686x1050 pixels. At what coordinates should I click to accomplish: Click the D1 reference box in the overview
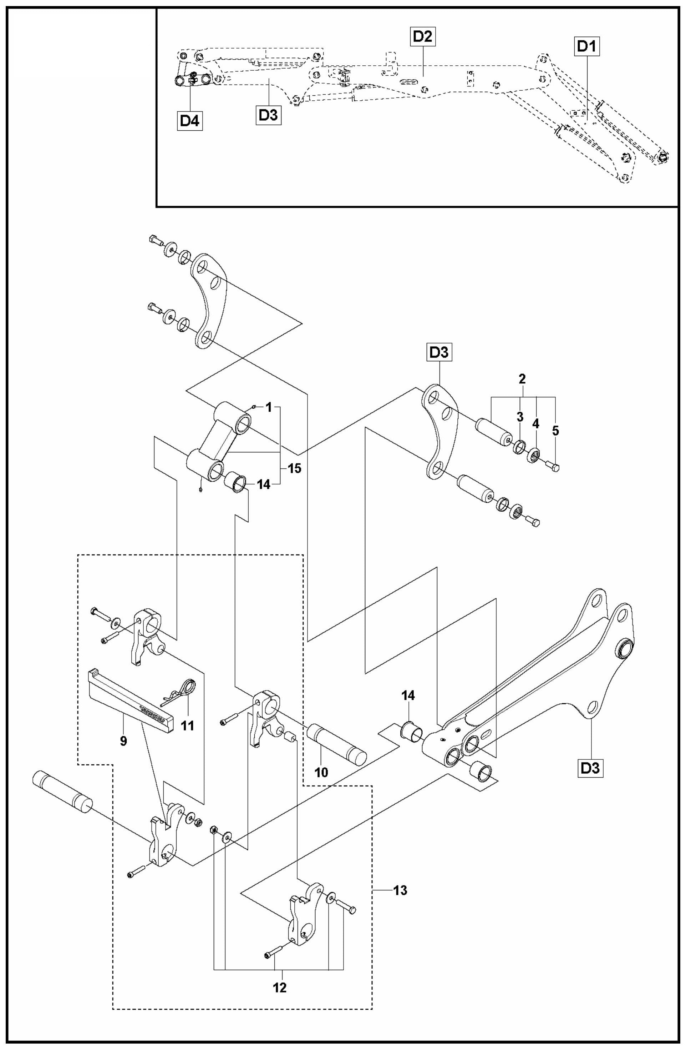pyautogui.click(x=587, y=47)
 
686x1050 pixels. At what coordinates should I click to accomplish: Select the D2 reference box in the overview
pyautogui.click(x=422, y=37)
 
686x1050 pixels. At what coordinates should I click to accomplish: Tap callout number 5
pyautogui.click(x=555, y=431)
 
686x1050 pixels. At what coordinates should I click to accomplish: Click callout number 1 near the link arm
pyautogui.click(x=269, y=408)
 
